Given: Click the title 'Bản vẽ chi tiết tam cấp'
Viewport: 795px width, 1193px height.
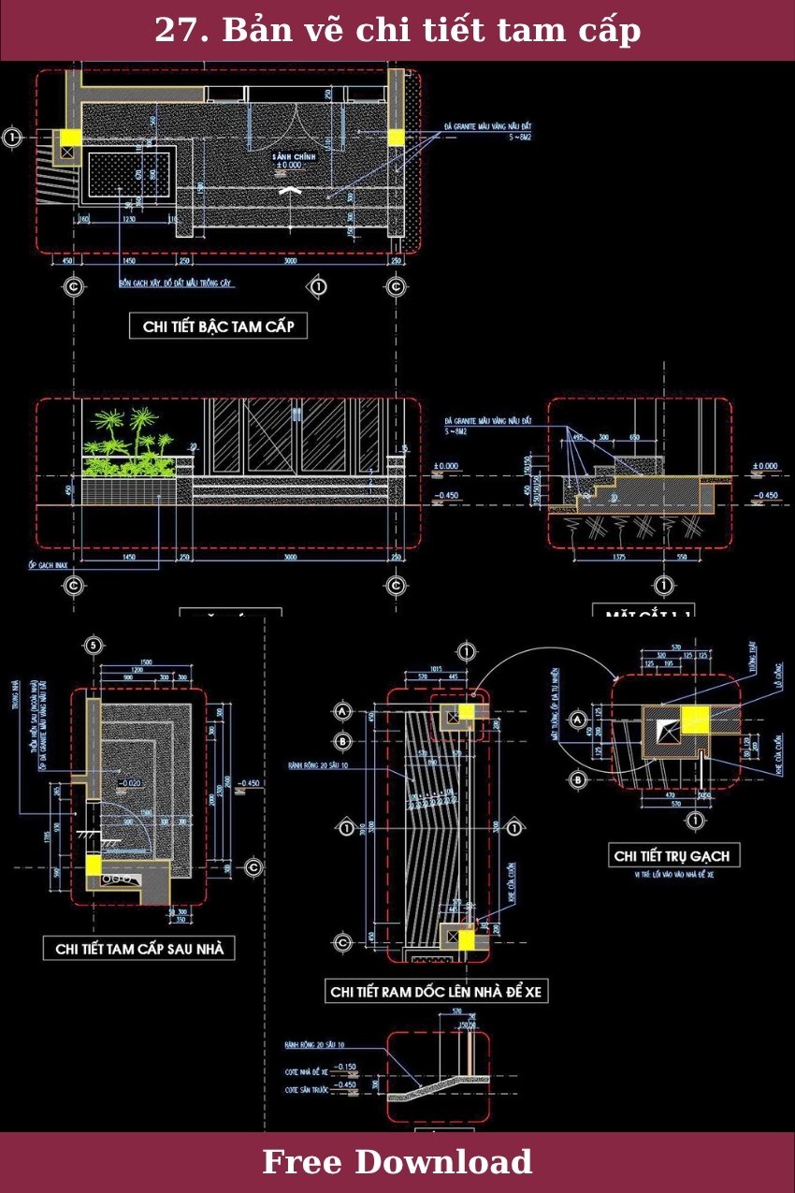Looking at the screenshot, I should coord(397,30).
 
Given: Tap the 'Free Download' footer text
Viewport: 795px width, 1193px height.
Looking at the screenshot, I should coord(397,1162).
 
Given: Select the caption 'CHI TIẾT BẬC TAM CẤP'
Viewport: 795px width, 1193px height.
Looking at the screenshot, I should coord(218,327).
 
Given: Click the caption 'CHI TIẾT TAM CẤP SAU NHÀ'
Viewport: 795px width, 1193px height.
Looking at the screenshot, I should coord(139,949).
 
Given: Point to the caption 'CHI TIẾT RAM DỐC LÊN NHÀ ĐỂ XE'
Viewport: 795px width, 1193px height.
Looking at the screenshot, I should coord(436,992).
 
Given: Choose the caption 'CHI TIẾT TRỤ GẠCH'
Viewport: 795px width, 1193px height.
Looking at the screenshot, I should coord(671,855).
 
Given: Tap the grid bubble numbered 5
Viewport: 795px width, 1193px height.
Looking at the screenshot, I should coord(94,645).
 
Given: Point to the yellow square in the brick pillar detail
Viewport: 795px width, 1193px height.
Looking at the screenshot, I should coord(696,720).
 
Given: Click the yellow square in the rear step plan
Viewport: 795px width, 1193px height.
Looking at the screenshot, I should coord(94,866).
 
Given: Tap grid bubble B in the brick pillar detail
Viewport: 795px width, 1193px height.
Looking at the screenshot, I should coord(578,778).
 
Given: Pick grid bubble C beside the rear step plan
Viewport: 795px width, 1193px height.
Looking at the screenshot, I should coord(253,867).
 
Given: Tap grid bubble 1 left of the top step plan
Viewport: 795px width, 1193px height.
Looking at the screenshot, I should coord(12,138).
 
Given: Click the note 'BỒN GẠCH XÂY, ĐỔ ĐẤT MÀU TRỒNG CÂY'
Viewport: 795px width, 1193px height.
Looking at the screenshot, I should coord(176,283).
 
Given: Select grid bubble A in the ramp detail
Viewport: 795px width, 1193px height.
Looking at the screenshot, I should coord(343,712).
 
